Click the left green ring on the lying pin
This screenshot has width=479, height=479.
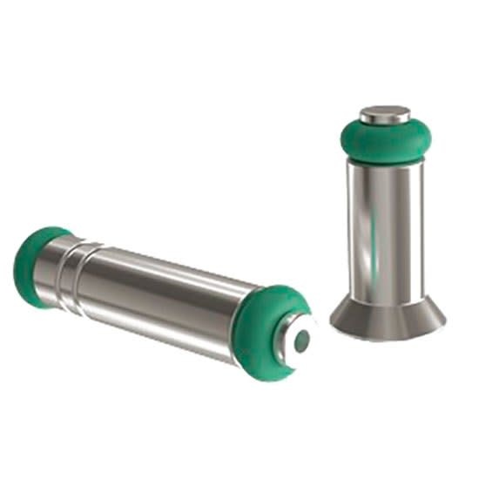(33, 266)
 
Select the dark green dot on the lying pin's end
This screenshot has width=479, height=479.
(300, 342)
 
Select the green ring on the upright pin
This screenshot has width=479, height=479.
(385, 139)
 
